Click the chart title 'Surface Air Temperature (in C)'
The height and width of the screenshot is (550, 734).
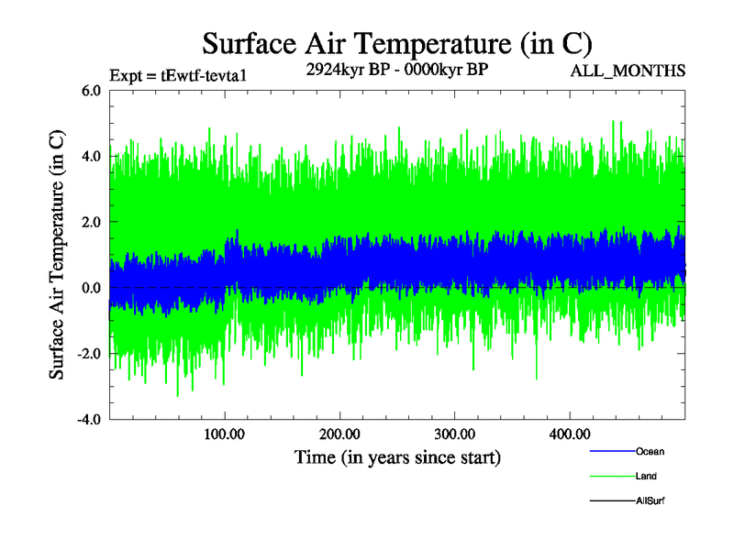pos(396,43)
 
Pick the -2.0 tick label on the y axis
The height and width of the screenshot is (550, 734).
pos(89,355)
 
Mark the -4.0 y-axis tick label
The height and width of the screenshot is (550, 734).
pos(89,421)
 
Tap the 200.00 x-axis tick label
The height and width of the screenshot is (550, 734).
pos(339,434)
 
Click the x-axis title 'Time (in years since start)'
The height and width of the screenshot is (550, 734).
pos(397,456)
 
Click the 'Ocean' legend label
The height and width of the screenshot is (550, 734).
pos(650,452)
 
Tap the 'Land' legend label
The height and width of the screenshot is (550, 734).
pos(646,477)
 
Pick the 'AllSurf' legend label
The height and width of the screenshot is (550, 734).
pos(650,501)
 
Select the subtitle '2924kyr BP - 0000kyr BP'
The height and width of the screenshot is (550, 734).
pos(396,70)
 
